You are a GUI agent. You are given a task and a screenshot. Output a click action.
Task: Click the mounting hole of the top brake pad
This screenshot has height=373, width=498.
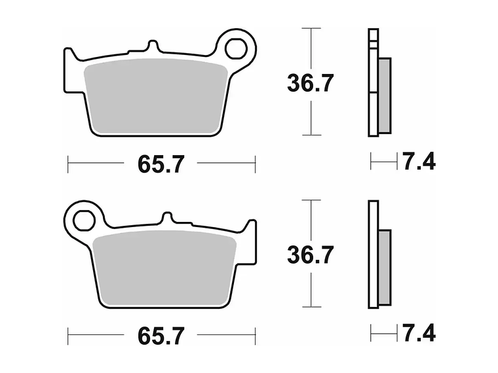click(x=238, y=48)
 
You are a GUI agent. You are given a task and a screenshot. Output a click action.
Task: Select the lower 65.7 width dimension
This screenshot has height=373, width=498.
click(x=161, y=336)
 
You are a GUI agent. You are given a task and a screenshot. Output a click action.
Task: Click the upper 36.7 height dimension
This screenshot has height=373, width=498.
click(x=311, y=83)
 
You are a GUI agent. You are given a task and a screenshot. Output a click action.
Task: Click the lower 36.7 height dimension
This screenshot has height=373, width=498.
click(x=311, y=255)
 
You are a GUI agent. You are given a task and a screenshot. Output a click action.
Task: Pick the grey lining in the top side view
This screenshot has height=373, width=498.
click(x=385, y=92)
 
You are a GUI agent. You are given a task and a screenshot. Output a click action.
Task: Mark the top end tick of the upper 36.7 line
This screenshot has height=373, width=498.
click(x=311, y=28)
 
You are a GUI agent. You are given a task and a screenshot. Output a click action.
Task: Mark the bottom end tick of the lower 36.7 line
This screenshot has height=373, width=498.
click(x=311, y=306)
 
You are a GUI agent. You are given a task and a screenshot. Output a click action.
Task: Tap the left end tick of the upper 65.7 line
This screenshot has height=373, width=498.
click(x=68, y=164)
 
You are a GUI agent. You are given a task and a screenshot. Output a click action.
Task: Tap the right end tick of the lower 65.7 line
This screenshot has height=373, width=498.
click(x=255, y=336)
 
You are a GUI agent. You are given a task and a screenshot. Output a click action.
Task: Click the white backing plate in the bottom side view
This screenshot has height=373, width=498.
click(x=373, y=255)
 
